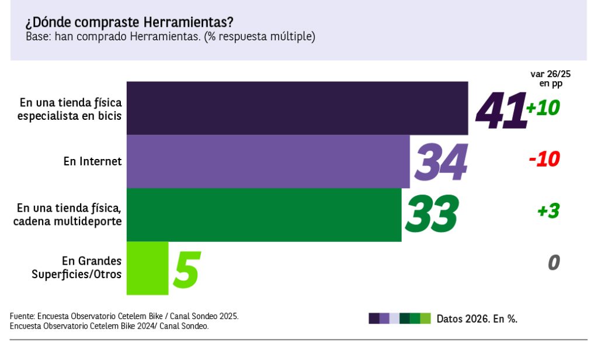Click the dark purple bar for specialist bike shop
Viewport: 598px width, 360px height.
pos(297,108)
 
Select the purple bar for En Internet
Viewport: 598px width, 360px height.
pos(268,161)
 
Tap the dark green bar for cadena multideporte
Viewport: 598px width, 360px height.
pos(264,215)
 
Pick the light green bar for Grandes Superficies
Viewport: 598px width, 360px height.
pos(147,268)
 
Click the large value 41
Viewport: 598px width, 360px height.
pos(501,110)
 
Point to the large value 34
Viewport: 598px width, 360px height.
pos(441,162)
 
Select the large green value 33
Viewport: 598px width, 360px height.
pos(432,213)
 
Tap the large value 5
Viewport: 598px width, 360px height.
pos(186,269)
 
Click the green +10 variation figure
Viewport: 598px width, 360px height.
pos(543,108)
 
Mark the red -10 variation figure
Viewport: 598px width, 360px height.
pos(544,159)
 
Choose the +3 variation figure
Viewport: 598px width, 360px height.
pos(548,211)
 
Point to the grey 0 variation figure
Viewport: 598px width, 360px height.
pos(554,262)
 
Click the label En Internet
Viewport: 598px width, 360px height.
pos(93,161)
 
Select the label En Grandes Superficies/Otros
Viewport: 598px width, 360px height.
pos(77,268)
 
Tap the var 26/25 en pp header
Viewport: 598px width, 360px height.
pos(550,78)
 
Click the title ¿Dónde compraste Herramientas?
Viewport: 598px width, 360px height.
pos(129,22)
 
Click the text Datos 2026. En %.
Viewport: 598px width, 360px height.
pos(477,319)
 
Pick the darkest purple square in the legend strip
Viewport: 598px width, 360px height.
pos(374,319)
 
